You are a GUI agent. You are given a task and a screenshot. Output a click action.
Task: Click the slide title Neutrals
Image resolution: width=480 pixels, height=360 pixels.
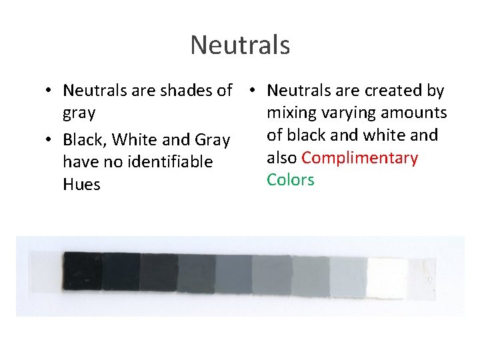(x=240, y=45)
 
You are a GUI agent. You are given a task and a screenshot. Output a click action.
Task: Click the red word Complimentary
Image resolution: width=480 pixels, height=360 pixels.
(x=360, y=158)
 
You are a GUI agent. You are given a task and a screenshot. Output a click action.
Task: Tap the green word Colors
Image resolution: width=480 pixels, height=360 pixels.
(x=290, y=180)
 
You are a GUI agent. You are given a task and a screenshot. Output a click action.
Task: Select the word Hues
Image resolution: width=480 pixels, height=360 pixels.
(x=81, y=185)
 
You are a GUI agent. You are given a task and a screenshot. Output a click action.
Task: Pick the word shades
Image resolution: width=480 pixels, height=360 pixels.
(x=191, y=91)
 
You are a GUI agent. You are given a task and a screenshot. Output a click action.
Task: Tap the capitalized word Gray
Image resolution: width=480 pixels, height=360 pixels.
(x=212, y=140)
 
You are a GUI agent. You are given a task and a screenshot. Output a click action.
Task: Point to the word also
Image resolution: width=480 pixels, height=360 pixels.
(x=282, y=158)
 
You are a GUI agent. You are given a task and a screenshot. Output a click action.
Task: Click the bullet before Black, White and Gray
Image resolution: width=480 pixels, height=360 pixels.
(x=50, y=140)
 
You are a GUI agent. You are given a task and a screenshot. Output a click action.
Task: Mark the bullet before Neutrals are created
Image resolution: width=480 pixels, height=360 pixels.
(x=255, y=91)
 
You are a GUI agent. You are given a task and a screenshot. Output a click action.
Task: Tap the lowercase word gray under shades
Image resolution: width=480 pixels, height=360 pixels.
(x=79, y=113)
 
